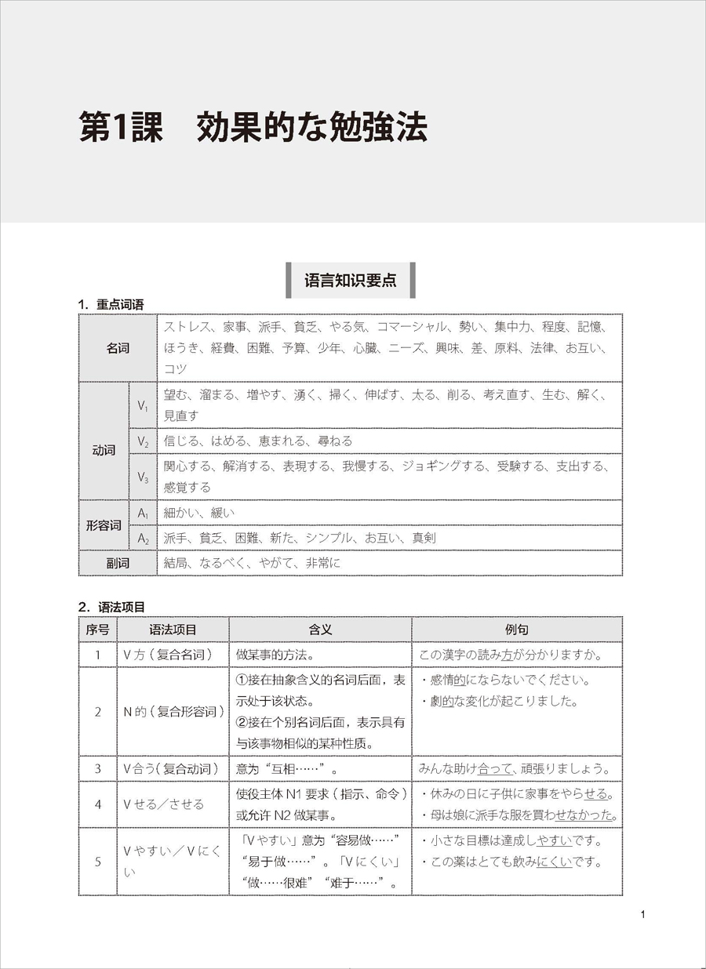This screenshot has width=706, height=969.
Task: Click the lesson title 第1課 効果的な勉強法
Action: click(253, 128)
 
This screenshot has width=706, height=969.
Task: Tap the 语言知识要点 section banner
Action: click(351, 281)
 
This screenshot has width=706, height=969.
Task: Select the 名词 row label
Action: click(118, 348)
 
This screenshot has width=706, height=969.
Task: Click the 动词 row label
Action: click(103, 451)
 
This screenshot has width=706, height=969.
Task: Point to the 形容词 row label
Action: click(103, 525)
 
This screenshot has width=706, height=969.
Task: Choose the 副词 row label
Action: click(118, 563)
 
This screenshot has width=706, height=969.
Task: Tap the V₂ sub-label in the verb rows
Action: click(143, 441)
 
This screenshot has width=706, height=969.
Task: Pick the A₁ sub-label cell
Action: click(143, 513)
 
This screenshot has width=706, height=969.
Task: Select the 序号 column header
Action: click(97, 630)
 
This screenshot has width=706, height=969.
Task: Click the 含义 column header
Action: click(320, 630)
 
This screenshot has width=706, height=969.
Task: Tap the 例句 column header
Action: click(517, 630)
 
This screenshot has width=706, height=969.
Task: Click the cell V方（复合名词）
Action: click(168, 655)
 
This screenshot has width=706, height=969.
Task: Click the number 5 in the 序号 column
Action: click(97, 862)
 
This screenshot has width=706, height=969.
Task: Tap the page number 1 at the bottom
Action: click(642, 914)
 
